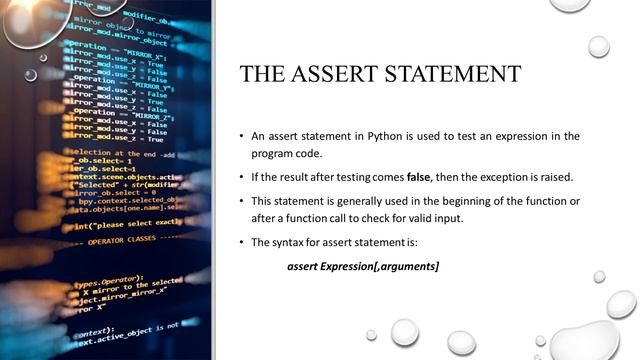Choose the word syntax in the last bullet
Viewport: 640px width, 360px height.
292,243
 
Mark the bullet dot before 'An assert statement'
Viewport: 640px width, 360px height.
241,135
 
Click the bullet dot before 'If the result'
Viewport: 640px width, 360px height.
241,177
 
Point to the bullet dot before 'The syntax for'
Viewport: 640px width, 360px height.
241,243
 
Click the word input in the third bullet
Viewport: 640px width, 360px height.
450,219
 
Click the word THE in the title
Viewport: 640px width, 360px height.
261,75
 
